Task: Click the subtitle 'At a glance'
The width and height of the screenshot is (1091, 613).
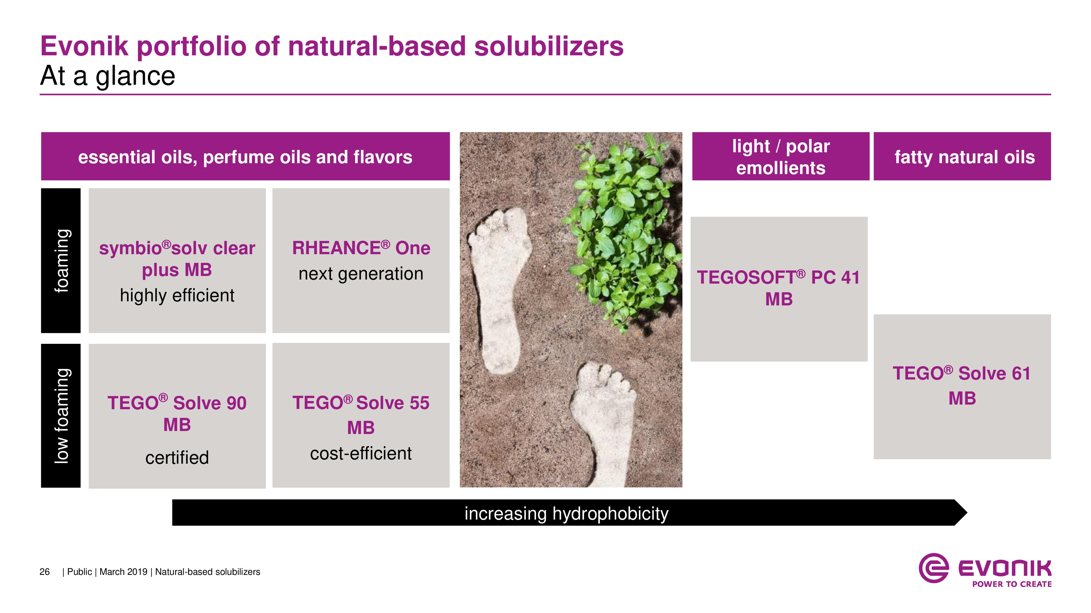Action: (x=107, y=76)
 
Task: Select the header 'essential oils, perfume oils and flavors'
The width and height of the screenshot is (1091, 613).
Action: (x=245, y=157)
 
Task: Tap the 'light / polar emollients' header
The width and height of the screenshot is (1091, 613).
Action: (x=781, y=157)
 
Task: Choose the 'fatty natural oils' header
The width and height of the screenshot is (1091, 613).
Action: (x=964, y=157)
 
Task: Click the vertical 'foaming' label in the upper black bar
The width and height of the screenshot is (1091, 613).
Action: (x=62, y=261)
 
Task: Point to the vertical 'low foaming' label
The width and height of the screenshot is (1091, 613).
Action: (x=62, y=416)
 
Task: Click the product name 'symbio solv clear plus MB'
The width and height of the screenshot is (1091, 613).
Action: (x=177, y=259)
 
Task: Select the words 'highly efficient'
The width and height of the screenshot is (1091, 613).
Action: (x=177, y=295)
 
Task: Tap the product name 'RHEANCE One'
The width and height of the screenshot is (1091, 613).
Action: (x=361, y=248)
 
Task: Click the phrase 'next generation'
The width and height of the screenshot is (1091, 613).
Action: (x=361, y=274)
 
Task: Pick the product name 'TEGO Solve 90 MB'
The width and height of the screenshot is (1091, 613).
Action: (x=177, y=413)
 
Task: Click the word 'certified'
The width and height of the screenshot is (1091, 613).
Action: (x=177, y=457)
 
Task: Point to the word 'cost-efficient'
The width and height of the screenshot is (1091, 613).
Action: (x=361, y=454)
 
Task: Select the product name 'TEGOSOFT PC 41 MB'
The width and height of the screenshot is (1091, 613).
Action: (x=778, y=288)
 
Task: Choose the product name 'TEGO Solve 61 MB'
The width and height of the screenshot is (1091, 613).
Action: (x=962, y=386)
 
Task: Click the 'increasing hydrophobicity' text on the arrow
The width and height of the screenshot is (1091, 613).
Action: (x=566, y=514)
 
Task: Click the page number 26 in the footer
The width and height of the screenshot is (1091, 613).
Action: (x=44, y=572)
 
